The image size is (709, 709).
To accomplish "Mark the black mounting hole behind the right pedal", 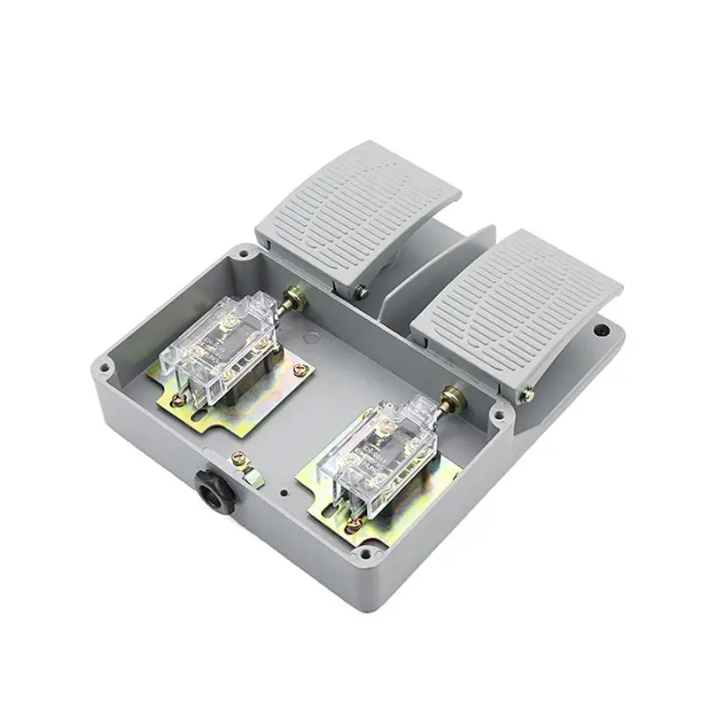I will coord(604,330).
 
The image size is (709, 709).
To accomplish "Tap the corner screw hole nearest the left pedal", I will coord(241,256).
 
